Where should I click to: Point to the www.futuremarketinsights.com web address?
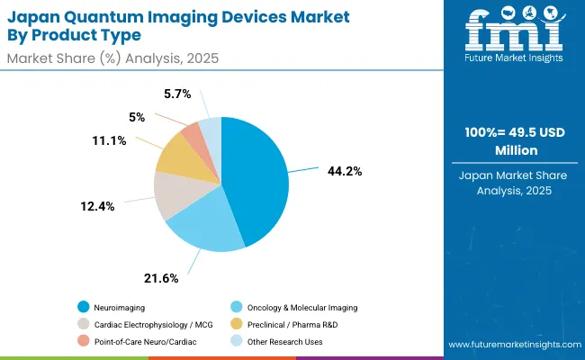click(512, 345)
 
